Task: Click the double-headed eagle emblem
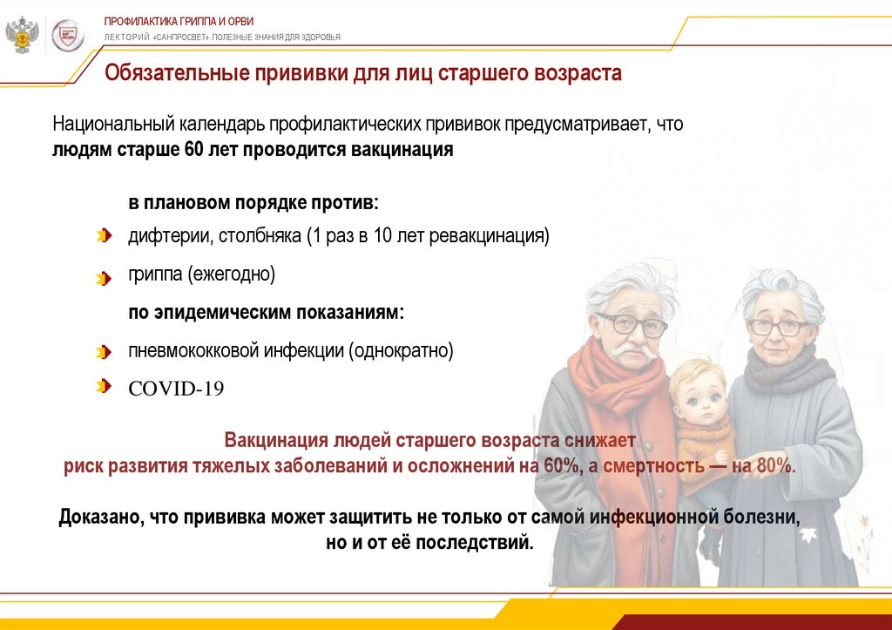[x=22, y=35]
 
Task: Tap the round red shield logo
[x=68, y=36]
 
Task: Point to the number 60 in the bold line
[x=193, y=149]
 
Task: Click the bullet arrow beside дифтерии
[x=105, y=235]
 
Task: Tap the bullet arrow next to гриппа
[x=105, y=278]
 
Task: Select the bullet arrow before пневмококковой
[x=105, y=352]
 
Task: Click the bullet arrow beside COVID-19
[x=105, y=386]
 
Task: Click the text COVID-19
[x=176, y=389]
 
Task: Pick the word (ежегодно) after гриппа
[x=232, y=274]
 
